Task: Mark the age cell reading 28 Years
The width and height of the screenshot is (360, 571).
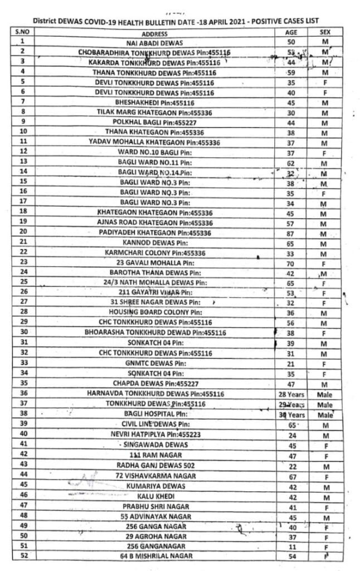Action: tap(290, 394)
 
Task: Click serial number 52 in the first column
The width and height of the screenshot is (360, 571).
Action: tap(23, 556)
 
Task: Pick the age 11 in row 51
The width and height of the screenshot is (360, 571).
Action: tap(291, 546)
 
